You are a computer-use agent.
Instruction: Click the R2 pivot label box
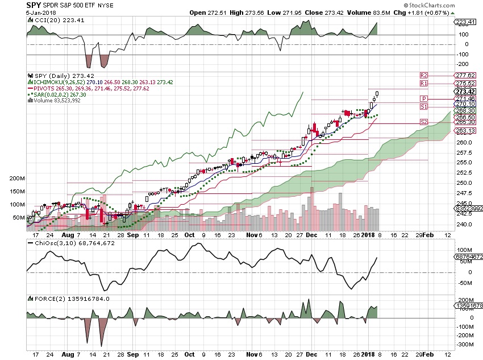point(423,75)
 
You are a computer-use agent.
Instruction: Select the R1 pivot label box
point(423,83)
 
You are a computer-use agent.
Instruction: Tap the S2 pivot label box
point(423,122)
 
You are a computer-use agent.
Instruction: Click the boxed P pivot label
point(423,99)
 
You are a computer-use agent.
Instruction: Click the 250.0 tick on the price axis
point(464,183)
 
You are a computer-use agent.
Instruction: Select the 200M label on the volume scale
point(17,179)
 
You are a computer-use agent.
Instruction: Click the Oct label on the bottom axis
point(189,234)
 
